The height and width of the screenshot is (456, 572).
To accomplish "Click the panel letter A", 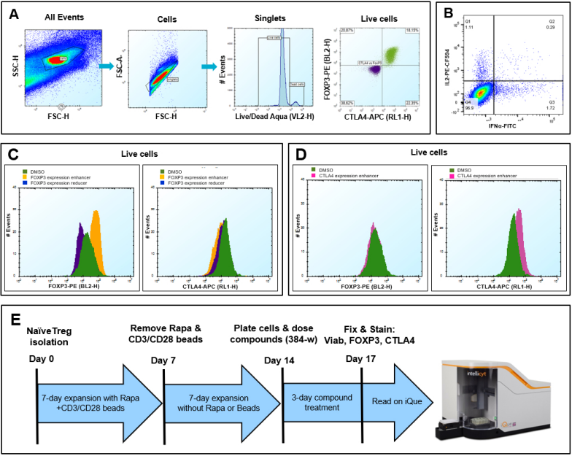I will point(12,12).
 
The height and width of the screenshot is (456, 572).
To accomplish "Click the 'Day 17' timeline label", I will point(363,360).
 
